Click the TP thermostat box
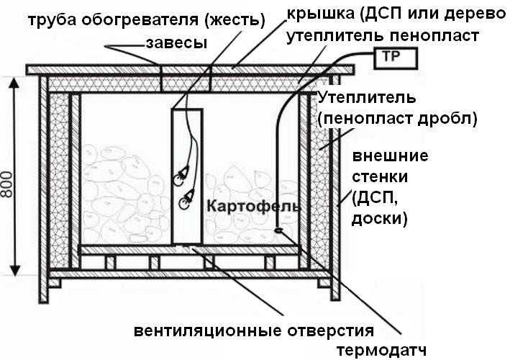(396, 58)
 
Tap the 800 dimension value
(6, 184)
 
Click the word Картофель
(253, 206)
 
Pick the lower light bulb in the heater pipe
(186, 199)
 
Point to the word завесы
(176, 43)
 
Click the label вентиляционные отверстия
(254, 330)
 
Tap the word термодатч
(381, 350)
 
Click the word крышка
(320, 14)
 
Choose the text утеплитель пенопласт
(383, 36)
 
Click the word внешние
(391, 156)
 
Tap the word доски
(380, 219)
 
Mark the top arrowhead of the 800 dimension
(14, 82)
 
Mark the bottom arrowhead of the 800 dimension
(14, 271)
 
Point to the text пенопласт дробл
(397, 119)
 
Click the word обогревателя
(140, 20)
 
